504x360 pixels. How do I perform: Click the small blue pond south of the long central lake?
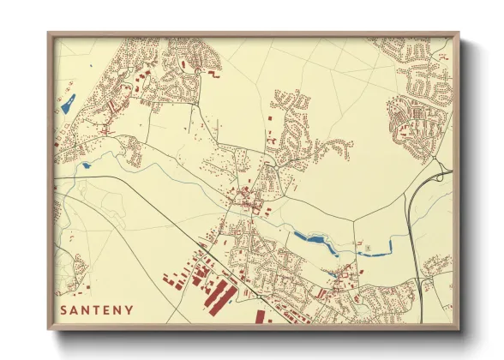[x=333, y=274]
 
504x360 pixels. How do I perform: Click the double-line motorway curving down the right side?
[x=414, y=231]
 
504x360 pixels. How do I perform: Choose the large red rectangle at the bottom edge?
[x=260, y=317]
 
